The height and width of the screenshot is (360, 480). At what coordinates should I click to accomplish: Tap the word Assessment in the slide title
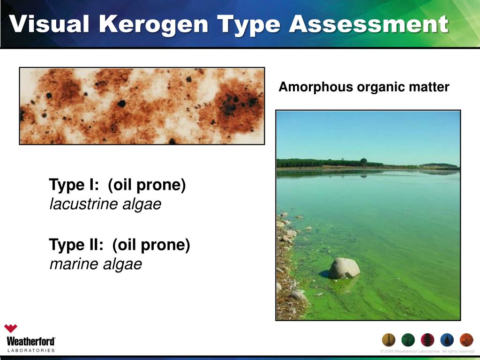tap(368, 24)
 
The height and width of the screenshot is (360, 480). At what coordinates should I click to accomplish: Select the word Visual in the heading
tap(49, 24)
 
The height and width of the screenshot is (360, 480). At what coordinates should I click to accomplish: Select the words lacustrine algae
tap(105, 204)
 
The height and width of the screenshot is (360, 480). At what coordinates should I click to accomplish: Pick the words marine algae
tap(96, 264)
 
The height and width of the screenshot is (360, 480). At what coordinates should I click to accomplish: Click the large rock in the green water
tap(344, 268)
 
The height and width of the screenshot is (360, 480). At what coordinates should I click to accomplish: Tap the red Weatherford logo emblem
tap(10, 329)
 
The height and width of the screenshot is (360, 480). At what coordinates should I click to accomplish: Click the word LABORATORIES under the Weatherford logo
tap(30, 350)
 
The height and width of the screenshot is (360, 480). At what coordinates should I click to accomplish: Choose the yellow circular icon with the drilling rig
tap(389, 340)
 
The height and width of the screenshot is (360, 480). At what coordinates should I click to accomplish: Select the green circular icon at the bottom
tap(408, 340)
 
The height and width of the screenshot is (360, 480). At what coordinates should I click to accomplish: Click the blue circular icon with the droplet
tap(447, 340)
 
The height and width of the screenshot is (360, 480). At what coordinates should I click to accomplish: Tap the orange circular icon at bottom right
tap(466, 340)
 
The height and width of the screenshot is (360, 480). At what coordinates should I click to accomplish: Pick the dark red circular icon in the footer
tap(427, 340)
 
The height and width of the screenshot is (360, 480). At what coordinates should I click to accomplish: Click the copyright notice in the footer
tap(427, 352)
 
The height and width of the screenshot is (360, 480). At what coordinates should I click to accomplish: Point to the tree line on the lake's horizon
tap(328, 163)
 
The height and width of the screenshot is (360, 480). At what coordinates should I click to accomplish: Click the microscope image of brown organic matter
tap(142, 105)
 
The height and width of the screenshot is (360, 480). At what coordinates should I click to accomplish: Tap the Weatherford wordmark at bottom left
tap(31, 341)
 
